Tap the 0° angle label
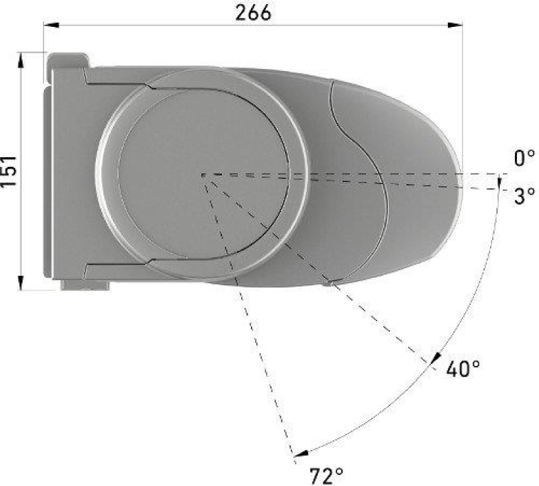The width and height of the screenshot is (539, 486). click(x=525, y=159)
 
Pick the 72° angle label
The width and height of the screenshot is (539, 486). click(x=326, y=475)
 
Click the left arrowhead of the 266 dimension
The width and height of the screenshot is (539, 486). click(x=49, y=26)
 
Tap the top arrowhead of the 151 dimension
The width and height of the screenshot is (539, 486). click(x=21, y=58)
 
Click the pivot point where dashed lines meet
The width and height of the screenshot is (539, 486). click(x=203, y=174)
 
